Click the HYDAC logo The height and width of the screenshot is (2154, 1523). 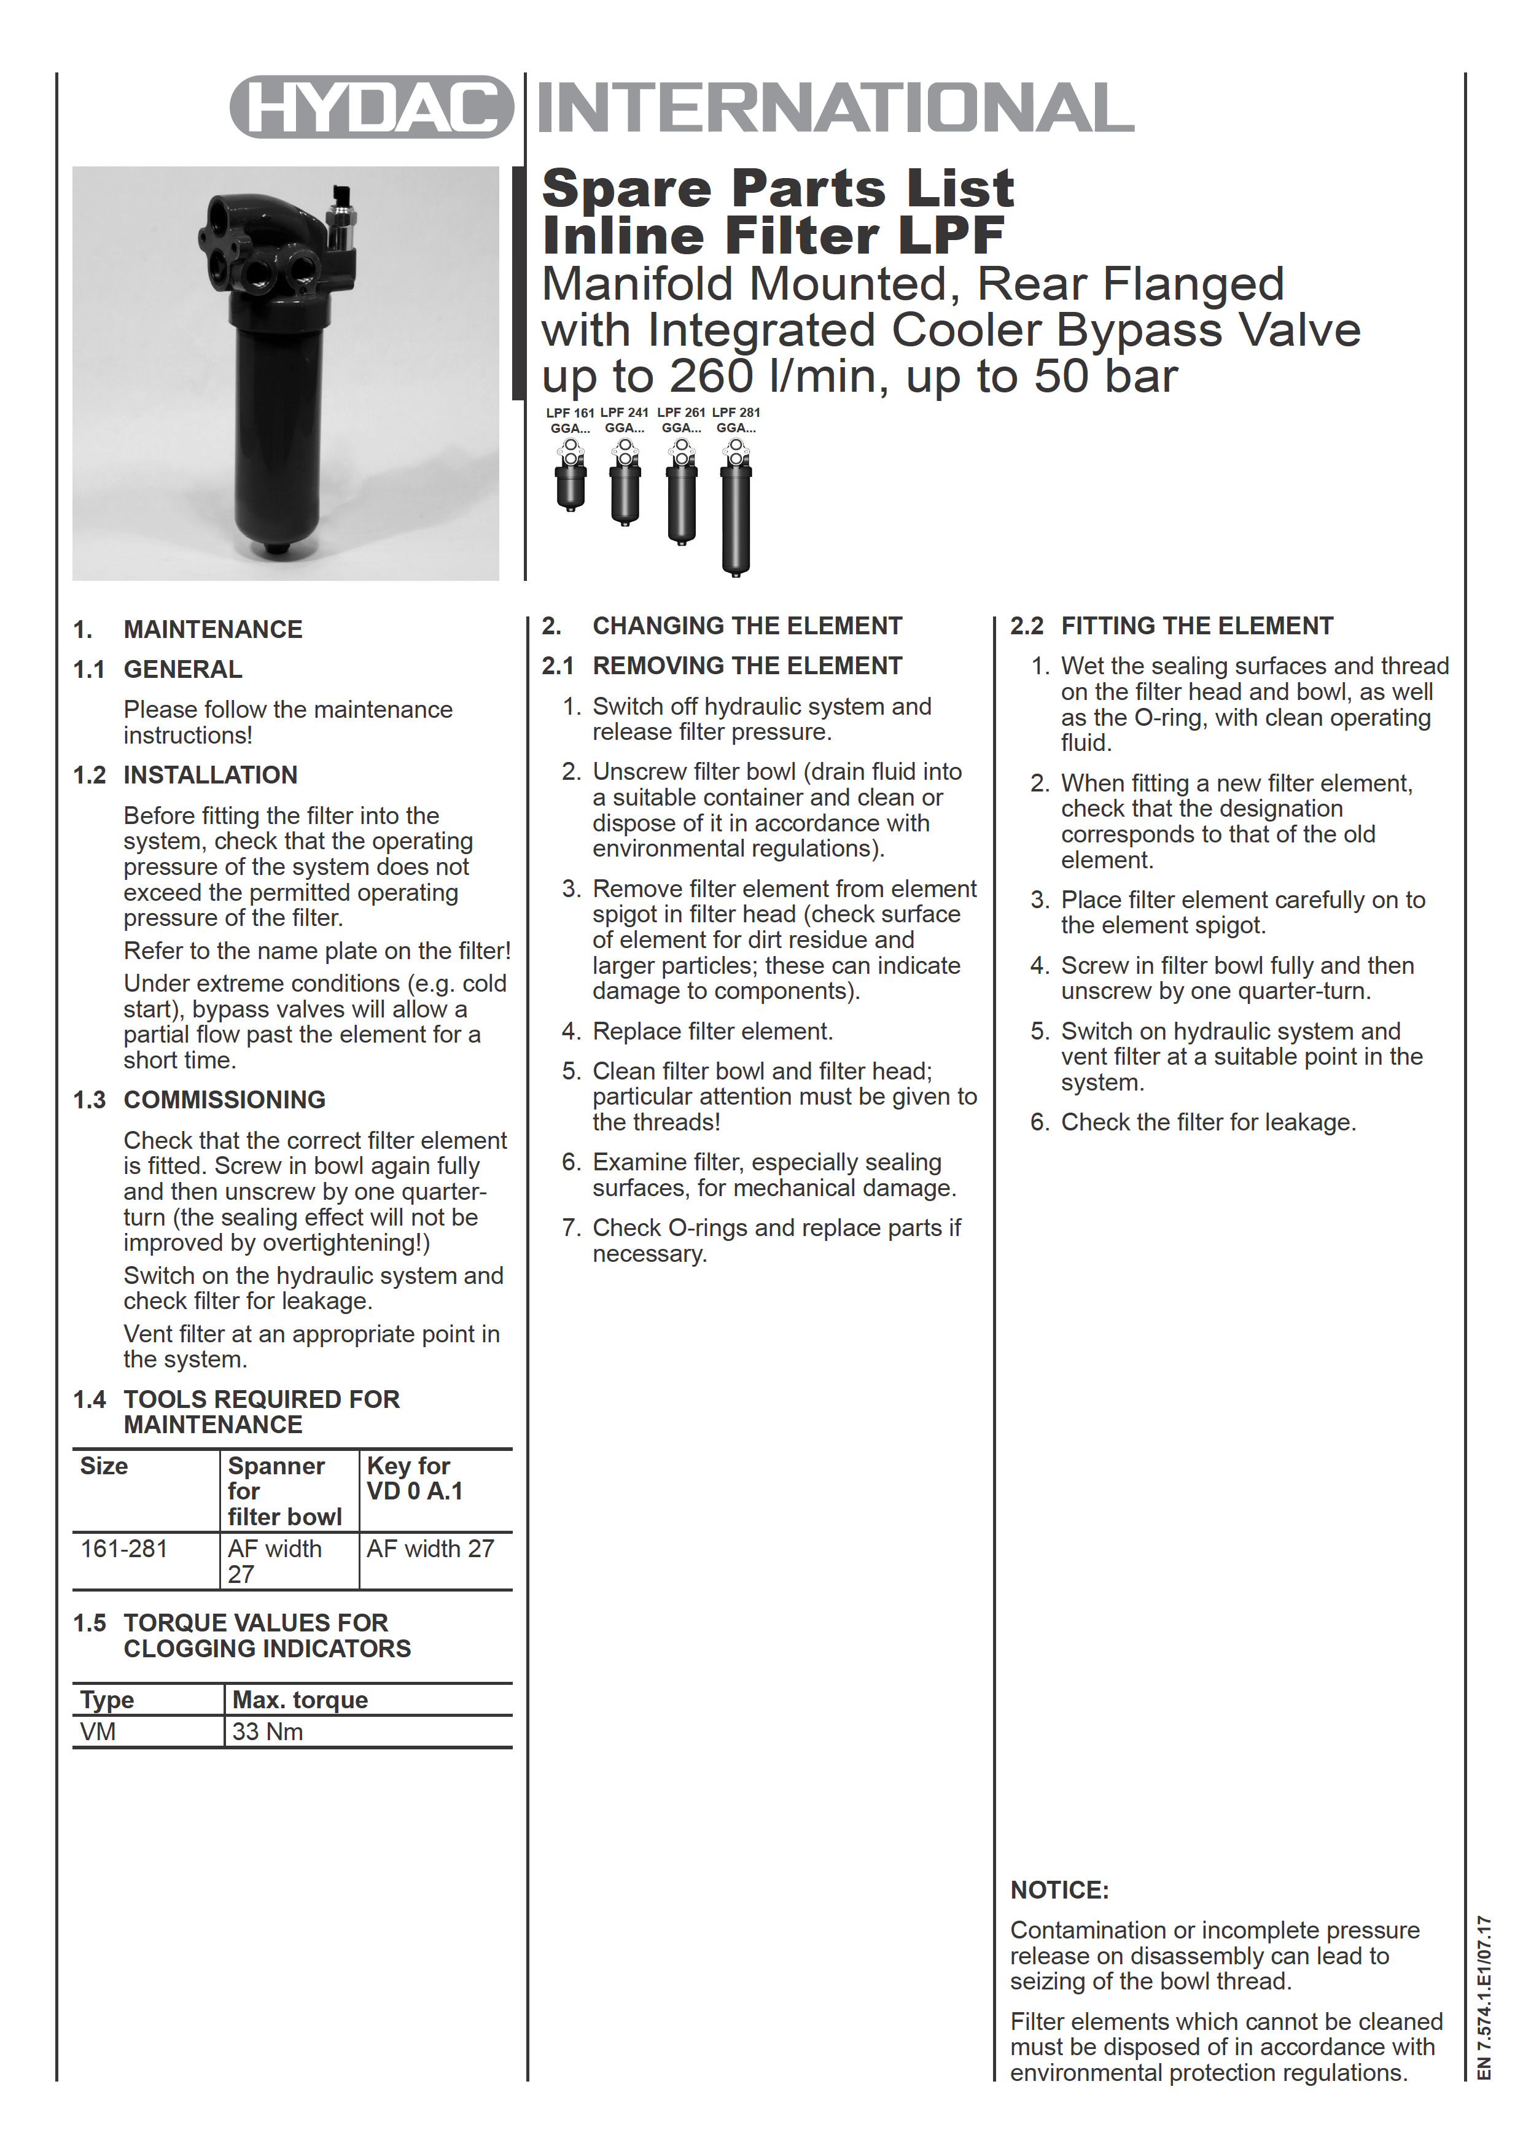click(372, 107)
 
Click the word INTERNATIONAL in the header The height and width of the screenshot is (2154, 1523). click(835, 107)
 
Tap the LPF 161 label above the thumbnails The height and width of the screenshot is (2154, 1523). click(570, 413)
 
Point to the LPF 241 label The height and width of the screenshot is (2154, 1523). click(624, 413)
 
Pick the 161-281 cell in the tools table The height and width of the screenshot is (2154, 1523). click(124, 1549)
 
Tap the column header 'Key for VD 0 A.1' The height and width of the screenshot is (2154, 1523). click(414, 1479)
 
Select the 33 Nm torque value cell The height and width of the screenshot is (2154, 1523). click(267, 1731)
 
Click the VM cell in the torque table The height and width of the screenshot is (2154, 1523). click(98, 1731)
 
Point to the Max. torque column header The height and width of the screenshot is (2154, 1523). click(300, 1700)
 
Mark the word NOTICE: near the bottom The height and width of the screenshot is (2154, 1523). click(1059, 1891)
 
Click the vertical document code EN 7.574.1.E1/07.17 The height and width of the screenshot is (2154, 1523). click(1484, 1998)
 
